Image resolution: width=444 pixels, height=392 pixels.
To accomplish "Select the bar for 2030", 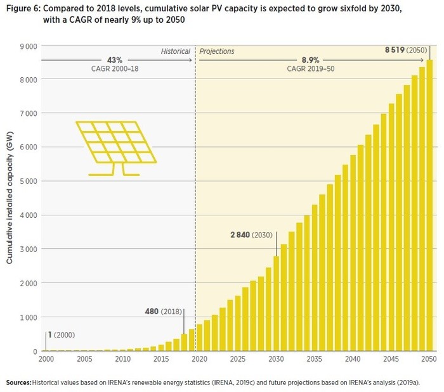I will click(276, 303).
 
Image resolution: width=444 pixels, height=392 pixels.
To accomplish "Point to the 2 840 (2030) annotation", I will click(251, 235).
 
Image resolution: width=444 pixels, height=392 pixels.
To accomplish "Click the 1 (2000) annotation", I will click(58, 335).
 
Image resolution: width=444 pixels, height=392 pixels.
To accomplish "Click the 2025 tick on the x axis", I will click(238, 359).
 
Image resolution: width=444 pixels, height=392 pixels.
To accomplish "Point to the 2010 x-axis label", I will click(123, 359).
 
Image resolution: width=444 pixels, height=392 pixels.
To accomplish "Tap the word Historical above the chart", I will click(175, 51).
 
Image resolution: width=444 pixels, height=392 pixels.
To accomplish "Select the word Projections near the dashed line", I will click(217, 51).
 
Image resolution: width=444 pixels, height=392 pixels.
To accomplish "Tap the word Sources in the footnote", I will click(18, 383).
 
